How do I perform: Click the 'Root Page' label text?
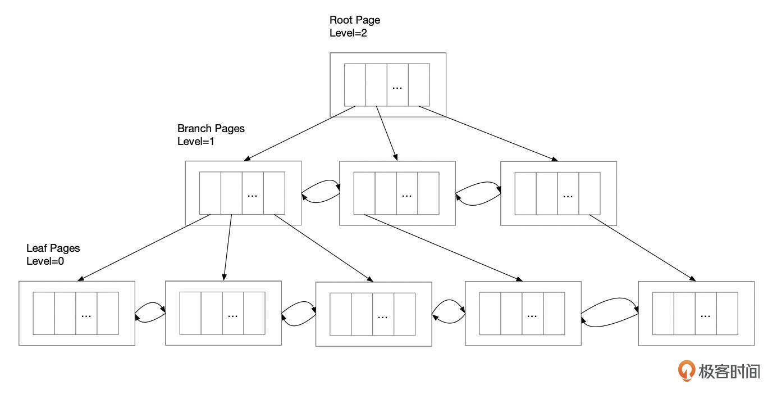click(x=354, y=20)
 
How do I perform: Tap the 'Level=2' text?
click(x=348, y=33)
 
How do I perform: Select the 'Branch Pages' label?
click(x=211, y=129)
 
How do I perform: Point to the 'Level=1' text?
click(x=196, y=141)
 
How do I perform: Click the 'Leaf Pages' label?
click(x=53, y=248)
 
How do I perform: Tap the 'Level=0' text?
click(x=45, y=261)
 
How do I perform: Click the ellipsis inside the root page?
click(x=397, y=88)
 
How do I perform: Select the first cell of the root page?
click(x=355, y=85)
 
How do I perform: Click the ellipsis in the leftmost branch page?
click(x=253, y=196)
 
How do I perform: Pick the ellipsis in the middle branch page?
click(x=407, y=196)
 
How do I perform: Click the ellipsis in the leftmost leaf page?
click(x=86, y=316)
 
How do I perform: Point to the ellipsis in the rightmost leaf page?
click(x=706, y=316)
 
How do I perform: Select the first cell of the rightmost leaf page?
click(x=663, y=314)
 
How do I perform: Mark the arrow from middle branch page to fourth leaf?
click(x=444, y=247)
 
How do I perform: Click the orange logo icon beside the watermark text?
click(x=686, y=370)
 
